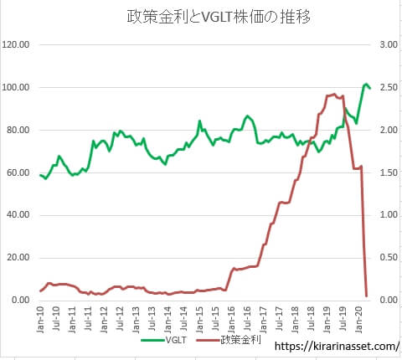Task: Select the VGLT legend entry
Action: point(173,341)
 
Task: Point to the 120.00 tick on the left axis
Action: point(18,44)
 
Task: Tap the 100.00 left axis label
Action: point(18,87)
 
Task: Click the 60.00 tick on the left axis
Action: point(19,172)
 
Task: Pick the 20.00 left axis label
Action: point(19,258)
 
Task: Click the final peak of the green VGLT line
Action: point(367,85)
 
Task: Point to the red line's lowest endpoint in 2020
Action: point(367,295)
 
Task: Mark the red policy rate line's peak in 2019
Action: point(335,94)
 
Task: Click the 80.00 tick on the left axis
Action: point(19,130)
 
